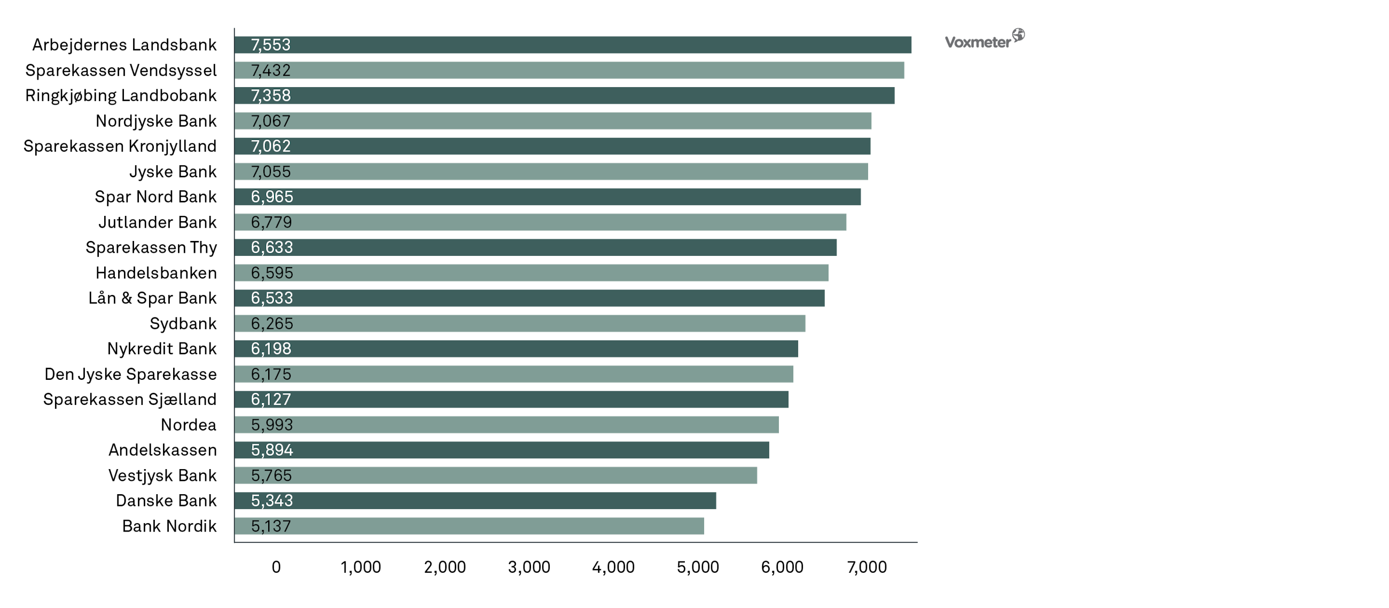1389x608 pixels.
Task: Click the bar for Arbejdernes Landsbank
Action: (x=573, y=45)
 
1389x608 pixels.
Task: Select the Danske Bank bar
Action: (x=475, y=501)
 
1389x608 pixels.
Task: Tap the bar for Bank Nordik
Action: (x=469, y=526)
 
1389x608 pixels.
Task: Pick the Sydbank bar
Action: (x=520, y=324)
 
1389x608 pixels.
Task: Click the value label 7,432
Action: (x=271, y=71)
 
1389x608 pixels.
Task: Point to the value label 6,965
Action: (x=272, y=197)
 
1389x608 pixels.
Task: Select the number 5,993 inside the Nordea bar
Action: (x=272, y=425)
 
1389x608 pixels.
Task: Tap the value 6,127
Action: (x=271, y=400)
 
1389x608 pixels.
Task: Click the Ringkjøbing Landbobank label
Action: (x=121, y=96)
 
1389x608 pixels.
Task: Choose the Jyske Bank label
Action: (x=173, y=172)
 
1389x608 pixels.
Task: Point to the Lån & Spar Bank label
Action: (x=153, y=298)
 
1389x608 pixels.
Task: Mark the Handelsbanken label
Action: (x=157, y=273)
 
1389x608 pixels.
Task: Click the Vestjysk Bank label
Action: (x=162, y=476)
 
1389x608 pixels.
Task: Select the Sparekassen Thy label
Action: (x=151, y=247)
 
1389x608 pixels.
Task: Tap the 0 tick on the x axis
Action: (x=276, y=567)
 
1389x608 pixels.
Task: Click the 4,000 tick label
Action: (x=613, y=567)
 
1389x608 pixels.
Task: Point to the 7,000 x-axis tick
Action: (x=867, y=567)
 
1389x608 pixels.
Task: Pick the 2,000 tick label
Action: (x=445, y=567)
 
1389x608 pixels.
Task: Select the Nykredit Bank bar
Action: (x=516, y=349)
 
